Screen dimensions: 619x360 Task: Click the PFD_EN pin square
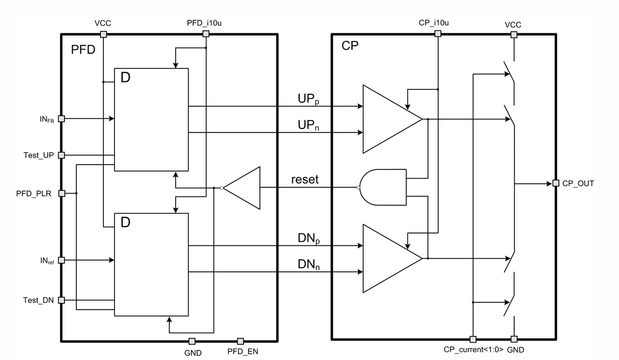tap(240, 341)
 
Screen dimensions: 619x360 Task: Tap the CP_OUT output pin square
tap(556, 183)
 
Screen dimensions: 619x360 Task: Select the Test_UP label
tap(38, 155)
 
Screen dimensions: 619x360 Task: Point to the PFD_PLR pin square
tap(62, 193)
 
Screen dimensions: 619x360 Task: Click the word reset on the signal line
tap(305, 180)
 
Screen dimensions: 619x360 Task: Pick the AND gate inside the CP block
tap(383, 187)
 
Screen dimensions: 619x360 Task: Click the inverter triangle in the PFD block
tap(241, 188)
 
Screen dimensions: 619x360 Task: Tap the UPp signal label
tap(308, 99)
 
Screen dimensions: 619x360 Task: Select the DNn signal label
tap(309, 264)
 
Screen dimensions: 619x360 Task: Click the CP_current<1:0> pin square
tap(473, 339)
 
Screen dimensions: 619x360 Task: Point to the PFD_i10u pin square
tap(206, 34)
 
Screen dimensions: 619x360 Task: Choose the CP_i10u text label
tap(433, 23)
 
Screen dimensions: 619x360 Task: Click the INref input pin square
tap(62, 260)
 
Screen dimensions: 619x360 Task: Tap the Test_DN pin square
tap(62, 300)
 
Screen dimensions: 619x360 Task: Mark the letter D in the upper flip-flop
tap(126, 77)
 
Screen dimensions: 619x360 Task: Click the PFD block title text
tap(83, 50)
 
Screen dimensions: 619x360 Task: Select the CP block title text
tap(350, 46)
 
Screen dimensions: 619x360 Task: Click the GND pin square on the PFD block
tap(192, 341)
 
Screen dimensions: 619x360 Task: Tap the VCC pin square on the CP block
tap(514, 35)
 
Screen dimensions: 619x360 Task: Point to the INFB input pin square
tap(62, 118)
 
